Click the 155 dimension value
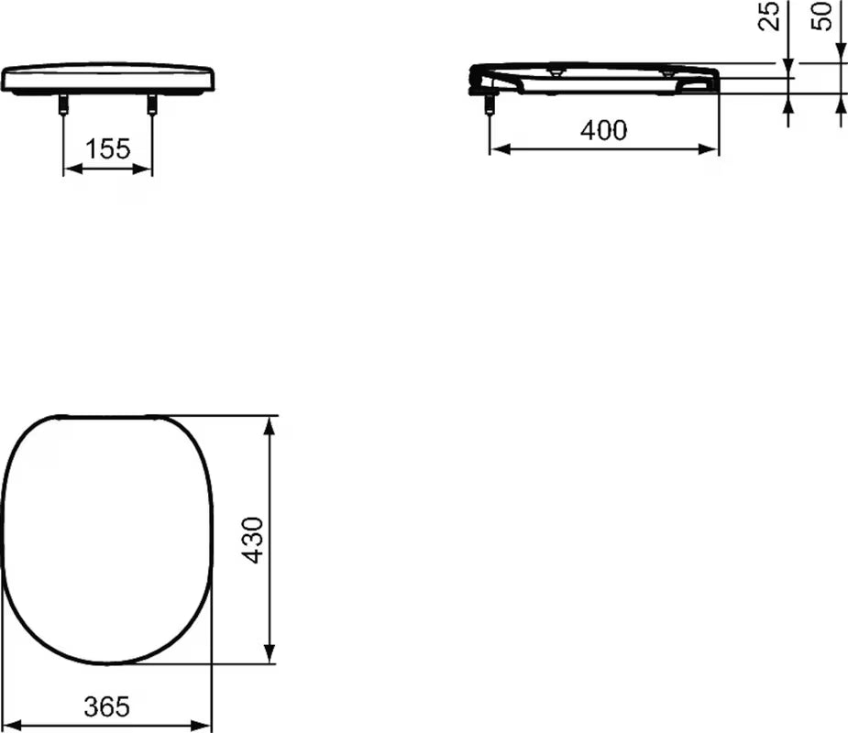point(108,148)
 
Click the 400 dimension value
point(604,131)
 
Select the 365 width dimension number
point(106,706)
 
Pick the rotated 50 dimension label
point(824,15)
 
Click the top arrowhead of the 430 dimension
point(270,424)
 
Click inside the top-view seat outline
point(106,541)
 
